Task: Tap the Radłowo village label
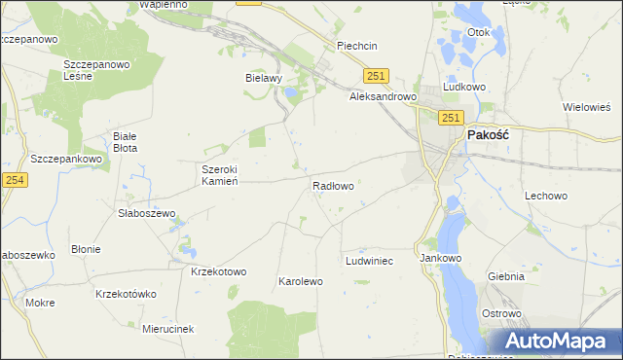332,185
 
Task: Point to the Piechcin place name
356,46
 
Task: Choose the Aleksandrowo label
383,97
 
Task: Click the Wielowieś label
587,107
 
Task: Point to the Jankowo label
439,259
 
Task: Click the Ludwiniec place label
369,262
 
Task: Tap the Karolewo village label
301,281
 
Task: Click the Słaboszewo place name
146,213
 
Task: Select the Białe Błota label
126,142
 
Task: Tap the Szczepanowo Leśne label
96,70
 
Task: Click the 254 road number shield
14,180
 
